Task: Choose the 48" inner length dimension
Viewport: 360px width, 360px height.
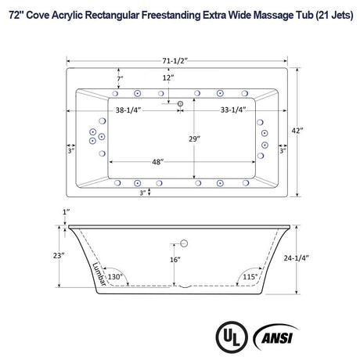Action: click(158, 163)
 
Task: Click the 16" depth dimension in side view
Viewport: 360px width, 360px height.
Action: click(175, 259)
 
